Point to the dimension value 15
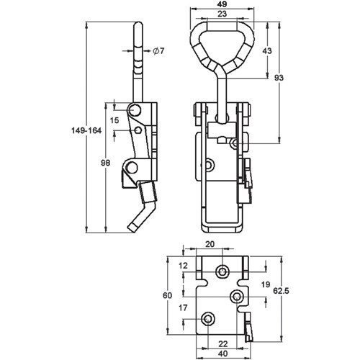click(x=114, y=119)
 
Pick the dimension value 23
click(x=222, y=14)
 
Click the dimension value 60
click(x=168, y=294)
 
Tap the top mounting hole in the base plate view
click(x=223, y=271)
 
